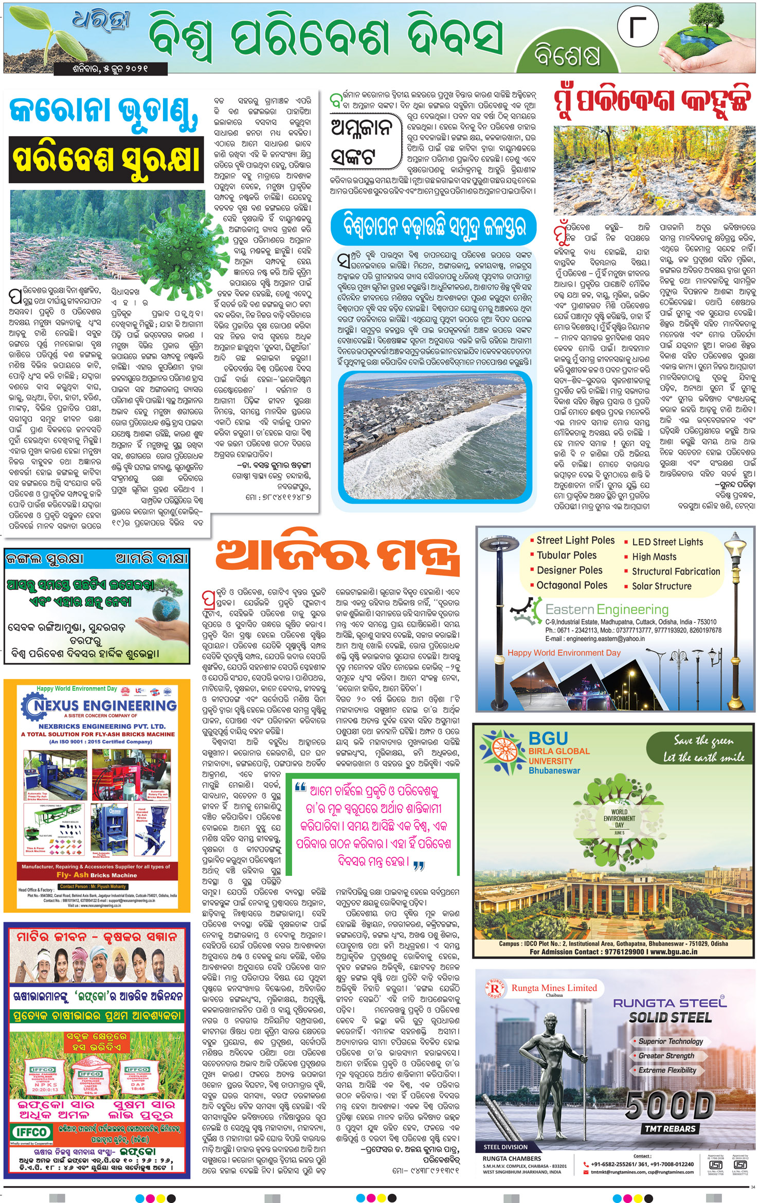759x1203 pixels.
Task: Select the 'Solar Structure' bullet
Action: [x=662, y=586]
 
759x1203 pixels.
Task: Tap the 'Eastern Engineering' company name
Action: [x=607, y=609]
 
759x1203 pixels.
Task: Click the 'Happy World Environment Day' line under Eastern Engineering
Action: [x=564, y=653]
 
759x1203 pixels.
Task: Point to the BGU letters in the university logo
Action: [x=548, y=739]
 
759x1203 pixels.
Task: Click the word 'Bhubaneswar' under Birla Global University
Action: [x=554, y=770]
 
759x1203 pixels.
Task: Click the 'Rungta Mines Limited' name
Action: [x=554, y=987]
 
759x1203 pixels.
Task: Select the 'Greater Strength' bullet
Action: [x=666, y=1055]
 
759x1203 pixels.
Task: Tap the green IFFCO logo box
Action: [x=31, y=1132]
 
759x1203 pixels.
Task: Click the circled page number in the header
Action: [x=638, y=28]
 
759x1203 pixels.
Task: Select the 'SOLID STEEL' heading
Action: [x=671, y=1017]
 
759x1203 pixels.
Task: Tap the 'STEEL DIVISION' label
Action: [x=505, y=1147]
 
